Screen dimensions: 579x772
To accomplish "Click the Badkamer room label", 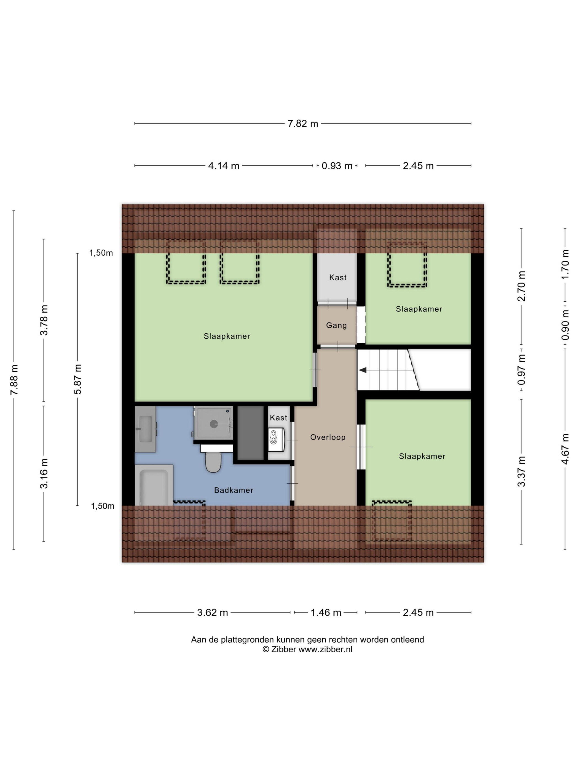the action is (234, 490).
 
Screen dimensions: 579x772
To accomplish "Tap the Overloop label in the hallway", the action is (328, 437).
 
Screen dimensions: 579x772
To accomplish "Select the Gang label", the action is (336, 325).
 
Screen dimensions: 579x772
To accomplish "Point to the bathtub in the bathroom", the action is (154, 485).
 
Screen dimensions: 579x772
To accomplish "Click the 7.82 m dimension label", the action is (302, 124).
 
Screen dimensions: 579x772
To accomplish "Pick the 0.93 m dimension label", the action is (337, 166).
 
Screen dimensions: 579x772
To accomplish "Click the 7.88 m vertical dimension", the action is (14, 380).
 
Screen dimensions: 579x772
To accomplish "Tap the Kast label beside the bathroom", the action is (278, 417).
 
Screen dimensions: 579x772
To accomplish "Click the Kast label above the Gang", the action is (338, 277).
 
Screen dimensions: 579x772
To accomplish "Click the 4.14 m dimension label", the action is (224, 166).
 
